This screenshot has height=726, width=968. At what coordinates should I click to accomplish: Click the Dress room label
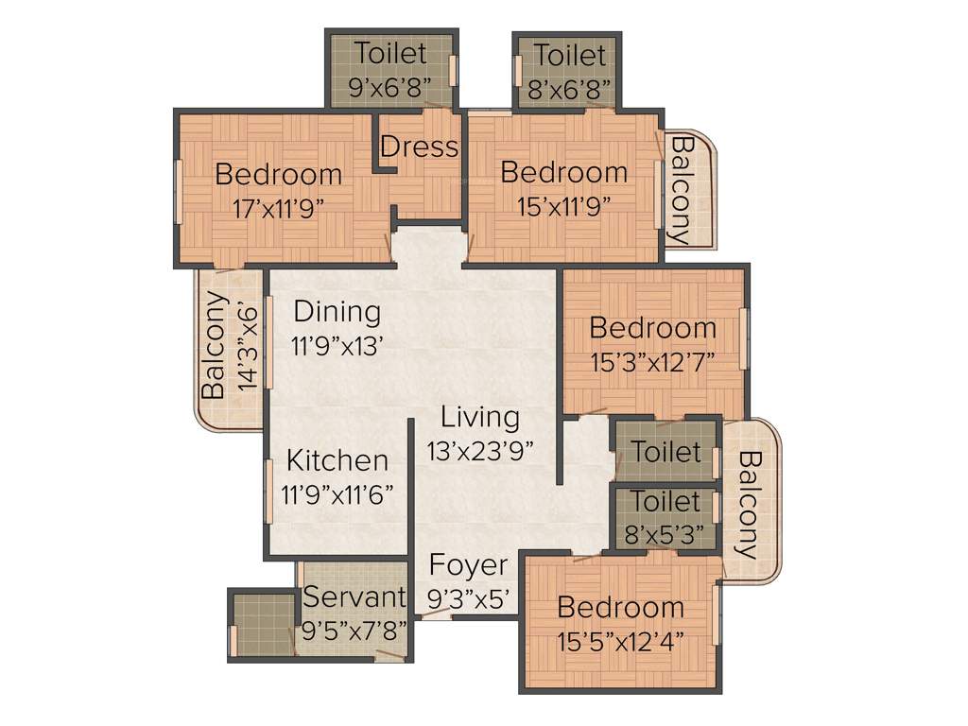[419, 147]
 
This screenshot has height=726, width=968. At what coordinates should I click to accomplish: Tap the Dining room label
[337, 311]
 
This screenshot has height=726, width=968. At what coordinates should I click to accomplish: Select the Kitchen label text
[337, 460]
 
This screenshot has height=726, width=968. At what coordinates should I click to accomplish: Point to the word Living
[480, 417]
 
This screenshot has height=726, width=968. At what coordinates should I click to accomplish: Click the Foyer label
[468, 565]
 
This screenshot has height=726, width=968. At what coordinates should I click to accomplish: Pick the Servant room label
[354, 597]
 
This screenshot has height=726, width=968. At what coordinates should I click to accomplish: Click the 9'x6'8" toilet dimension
[390, 88]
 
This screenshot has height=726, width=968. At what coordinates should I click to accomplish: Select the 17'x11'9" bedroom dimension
[279, 207]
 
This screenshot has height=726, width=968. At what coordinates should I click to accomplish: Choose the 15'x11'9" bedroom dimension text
[563, 205]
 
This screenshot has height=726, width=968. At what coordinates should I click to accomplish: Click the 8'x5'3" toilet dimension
[665, 534]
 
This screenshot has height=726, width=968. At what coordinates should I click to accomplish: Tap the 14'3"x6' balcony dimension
[247, 346]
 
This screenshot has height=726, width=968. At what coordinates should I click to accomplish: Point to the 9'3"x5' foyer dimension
[469, 597]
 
